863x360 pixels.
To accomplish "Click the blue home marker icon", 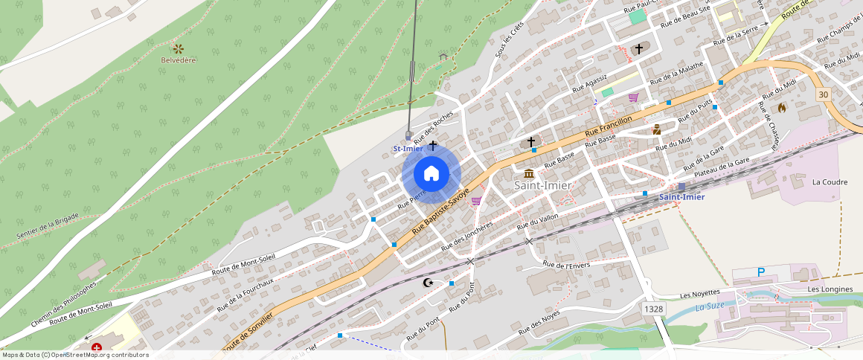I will (x=431, y=174).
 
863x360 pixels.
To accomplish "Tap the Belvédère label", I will (x=179, y=60).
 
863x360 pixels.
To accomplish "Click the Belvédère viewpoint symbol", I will (x=179, y=48).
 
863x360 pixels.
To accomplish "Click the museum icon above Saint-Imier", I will (x=529, y=173).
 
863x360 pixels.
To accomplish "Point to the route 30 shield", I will (x=822, y=94).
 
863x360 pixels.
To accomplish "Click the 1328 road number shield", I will (x=654, y=308).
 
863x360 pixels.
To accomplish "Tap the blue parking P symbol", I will (x=761, y=273).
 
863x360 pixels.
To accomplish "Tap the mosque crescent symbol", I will (x=428, y=283).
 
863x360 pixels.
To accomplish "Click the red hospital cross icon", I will (x=97, y=347).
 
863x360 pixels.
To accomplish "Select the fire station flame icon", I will (x=782, y=108).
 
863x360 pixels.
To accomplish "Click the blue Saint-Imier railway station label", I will (x=681, y=196).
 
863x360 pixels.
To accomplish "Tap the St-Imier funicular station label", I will (x=408, y=149).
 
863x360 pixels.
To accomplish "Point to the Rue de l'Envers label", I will (x=566, y=265).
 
